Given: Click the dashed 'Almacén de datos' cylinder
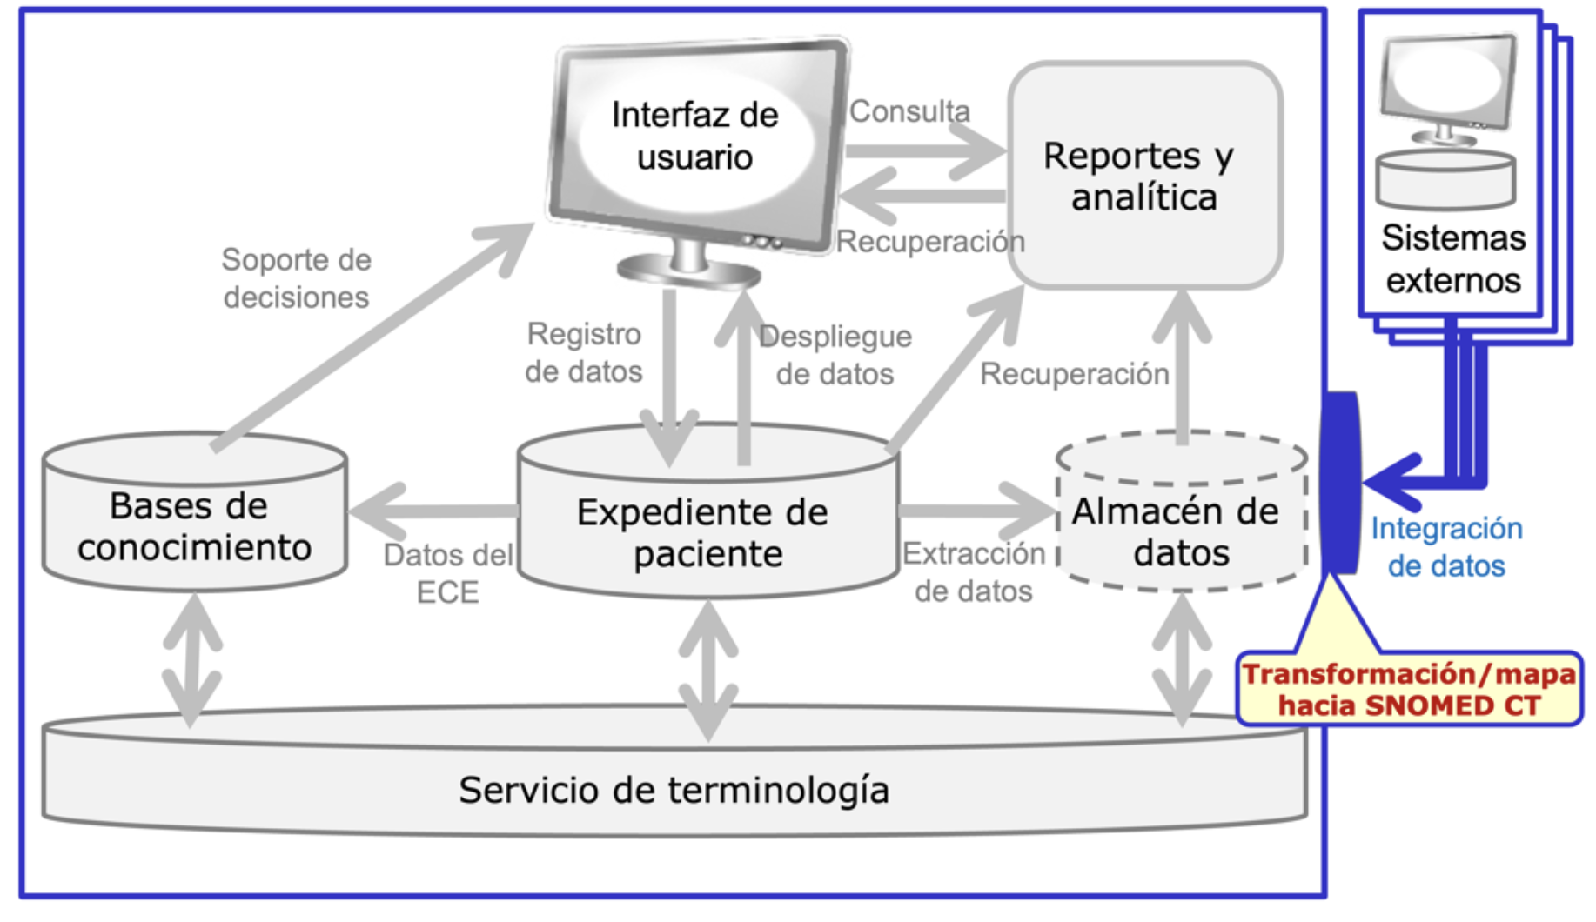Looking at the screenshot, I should [1179, 531].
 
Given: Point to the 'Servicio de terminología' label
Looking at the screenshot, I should [674, 790].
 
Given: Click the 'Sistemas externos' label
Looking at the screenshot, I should [1452, 259].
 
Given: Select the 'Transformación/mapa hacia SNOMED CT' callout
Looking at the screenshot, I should [1408, 689].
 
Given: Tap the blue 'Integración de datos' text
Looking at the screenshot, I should [1445, 547].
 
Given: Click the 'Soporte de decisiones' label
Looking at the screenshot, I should [296, 278].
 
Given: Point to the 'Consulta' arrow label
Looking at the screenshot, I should [909, 111].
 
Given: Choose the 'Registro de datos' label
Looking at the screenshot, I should [583, 352].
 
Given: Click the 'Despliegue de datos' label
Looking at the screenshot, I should [835, 355].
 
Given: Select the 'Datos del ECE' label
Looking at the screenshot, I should [448, 573].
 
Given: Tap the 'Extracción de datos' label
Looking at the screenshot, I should [973, 571].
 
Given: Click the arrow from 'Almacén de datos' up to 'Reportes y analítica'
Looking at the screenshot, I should [1182, 365].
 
